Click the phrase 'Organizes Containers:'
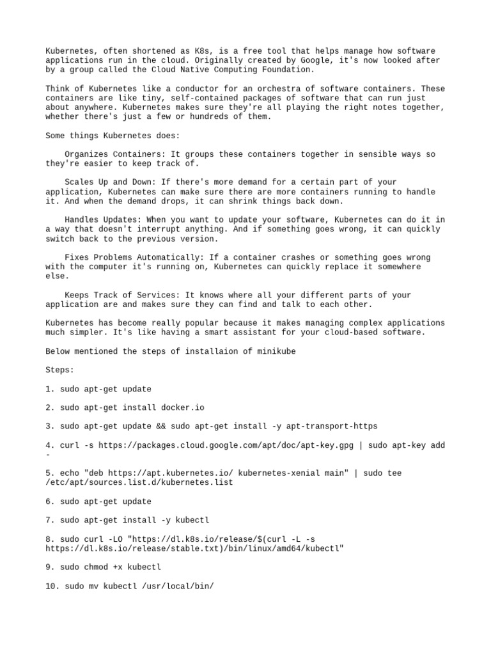(114, 154)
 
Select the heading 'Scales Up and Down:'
(109, 182)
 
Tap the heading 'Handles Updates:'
(102, 219)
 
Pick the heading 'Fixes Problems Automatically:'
(133, 257)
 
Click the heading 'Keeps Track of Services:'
(121, 295)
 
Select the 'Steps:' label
(60, 370)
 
